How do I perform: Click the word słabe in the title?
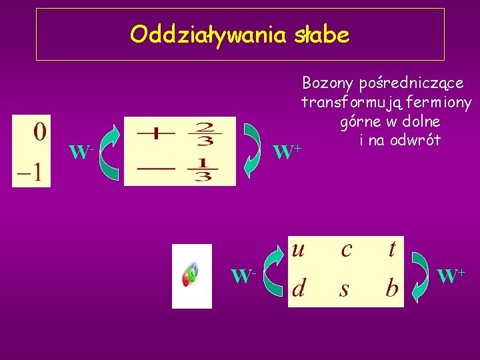click(x=321, y=35)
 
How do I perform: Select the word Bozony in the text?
click(x=327, y=83)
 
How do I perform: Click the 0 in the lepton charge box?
click(x=39, y=131)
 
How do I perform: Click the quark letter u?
click(x=299, y=249)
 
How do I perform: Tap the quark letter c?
click(x=346, y=249)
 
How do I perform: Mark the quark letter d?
click(x=299, y=288)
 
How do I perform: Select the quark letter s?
click(x=345, y=289)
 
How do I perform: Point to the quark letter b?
click(x=392, y=287)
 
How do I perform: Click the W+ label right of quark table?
click(x=451, y=274)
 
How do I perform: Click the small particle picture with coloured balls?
click(x=191, y=276)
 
